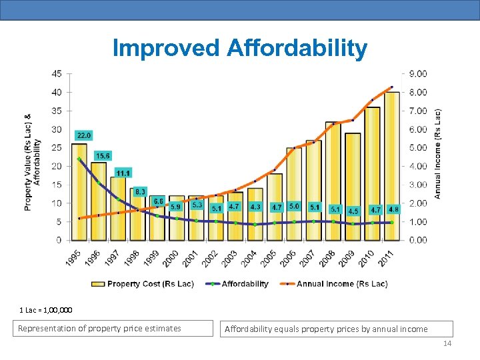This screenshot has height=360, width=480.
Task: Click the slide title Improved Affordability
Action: click(x=240, y=48)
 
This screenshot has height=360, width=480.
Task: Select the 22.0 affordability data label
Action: click(x=84, y=135)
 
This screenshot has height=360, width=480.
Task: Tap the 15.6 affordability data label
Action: click(x=103, y=155)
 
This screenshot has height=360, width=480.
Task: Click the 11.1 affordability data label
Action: click(x=123, y=173)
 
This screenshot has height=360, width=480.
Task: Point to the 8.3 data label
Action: click(x=140, y=192)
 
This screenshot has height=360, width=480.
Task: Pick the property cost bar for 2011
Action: click(x=391, y=167)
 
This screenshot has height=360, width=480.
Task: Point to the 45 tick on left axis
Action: click(x=57, y=73)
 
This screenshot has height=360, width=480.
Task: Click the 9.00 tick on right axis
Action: click(x=417, y=73)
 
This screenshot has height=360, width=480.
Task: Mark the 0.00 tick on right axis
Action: click(x=417, y=240)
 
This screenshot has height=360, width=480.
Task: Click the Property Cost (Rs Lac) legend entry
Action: click(x=143, y=284)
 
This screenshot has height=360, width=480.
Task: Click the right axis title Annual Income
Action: click(x=438, y=153)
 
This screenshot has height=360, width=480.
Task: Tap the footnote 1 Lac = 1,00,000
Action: click(x=46, y=310)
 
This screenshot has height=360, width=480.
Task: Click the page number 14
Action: click(x=447, y=343)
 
